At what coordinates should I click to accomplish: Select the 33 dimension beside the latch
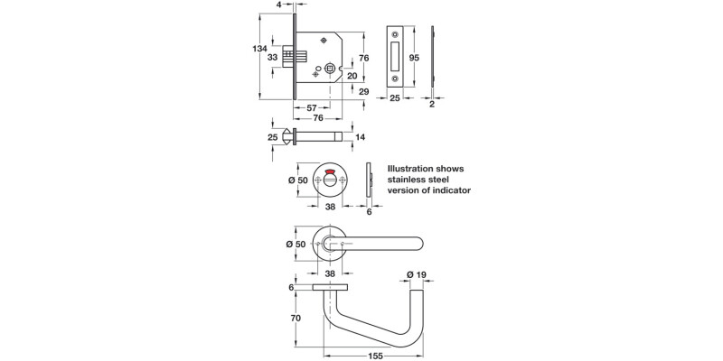coord(271,57)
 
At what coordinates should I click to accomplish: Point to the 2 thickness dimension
coord(432,105)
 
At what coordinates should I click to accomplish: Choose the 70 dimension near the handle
coord(295,318)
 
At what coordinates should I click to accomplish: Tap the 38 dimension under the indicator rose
coord(330,205)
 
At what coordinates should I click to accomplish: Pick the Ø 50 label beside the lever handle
coord(298,244)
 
